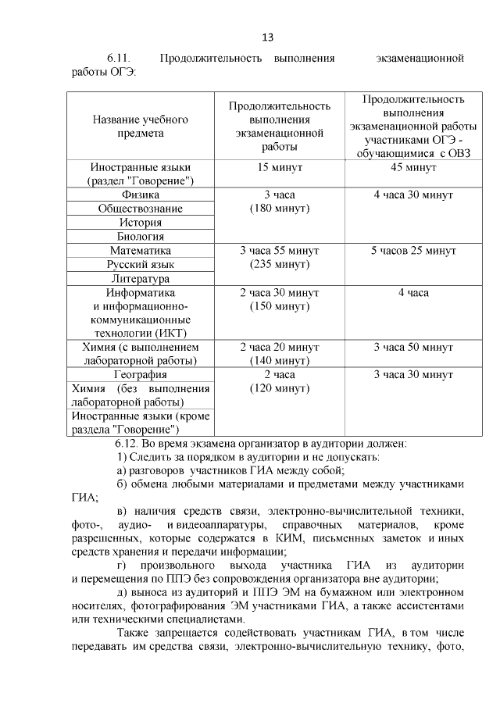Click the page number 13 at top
[267, 37]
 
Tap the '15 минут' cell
[280, 167]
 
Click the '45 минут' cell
[413, 167]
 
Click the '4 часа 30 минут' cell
[413, 195]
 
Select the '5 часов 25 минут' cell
[413, 251]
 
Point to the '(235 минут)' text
[280, 265]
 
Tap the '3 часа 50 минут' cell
[413, 347]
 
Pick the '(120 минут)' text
[280, 388]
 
